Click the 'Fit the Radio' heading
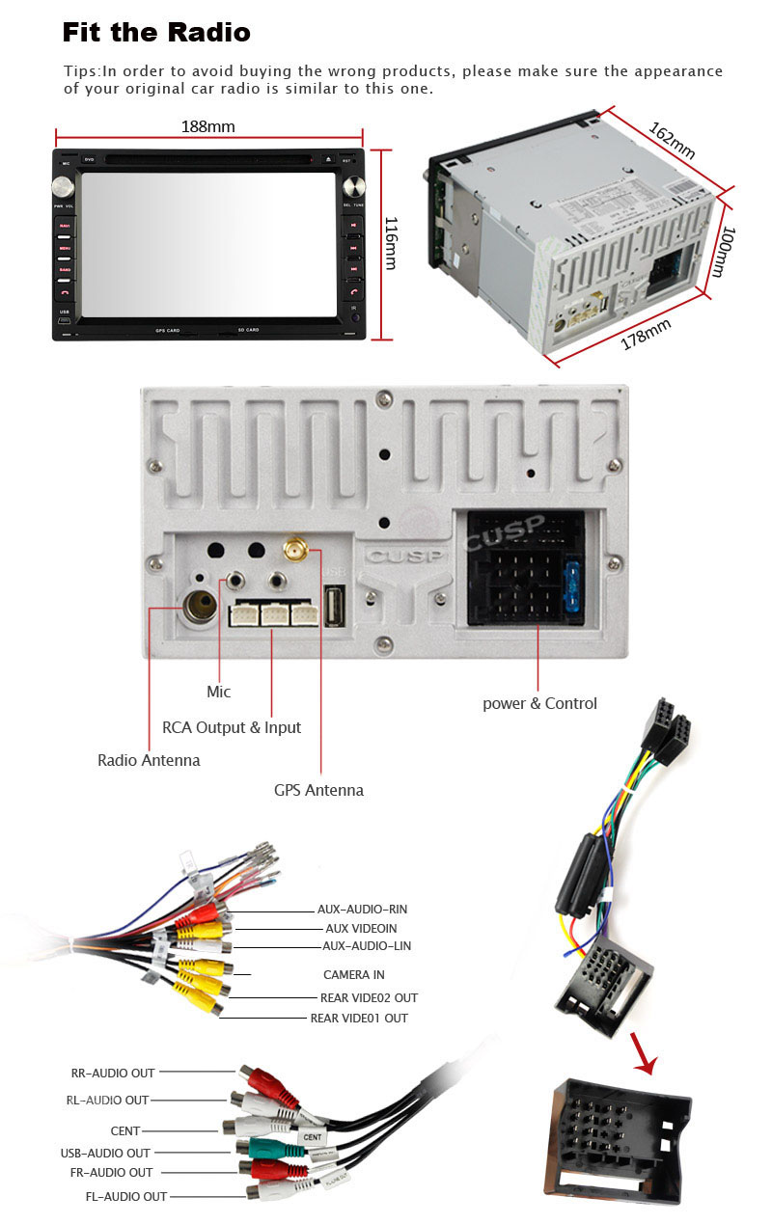pos(156,32)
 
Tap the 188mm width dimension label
pos(207,126)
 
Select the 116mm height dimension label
pos(390,243)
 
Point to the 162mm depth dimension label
pos(672,141)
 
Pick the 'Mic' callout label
pos(219,692)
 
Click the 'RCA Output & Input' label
pos(232,727)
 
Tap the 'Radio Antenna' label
pos(149,760)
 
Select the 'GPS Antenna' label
pos(318,790)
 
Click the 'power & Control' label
pos(539,703)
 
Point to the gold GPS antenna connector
pos(295,552)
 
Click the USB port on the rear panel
pos(335,608)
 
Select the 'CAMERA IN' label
pos(353,975)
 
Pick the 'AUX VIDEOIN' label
pos(361,928)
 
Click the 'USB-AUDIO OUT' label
pos(105,1153)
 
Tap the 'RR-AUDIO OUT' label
pos(113,1073)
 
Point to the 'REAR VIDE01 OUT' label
pos(359,1019)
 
